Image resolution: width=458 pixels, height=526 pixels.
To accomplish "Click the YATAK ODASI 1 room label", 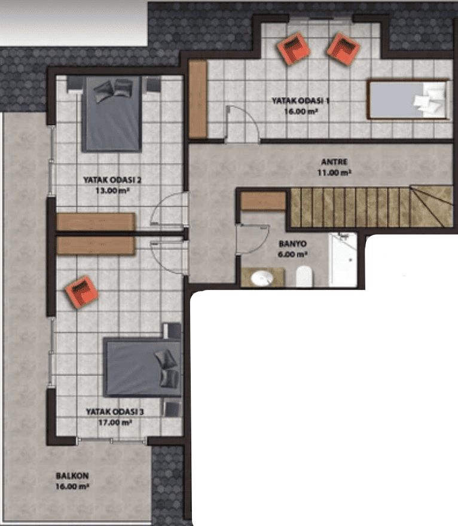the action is point(300,100).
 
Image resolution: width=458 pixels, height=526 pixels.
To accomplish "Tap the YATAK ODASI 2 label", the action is point(112,180).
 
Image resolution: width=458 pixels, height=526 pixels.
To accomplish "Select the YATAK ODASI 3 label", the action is point(115,412).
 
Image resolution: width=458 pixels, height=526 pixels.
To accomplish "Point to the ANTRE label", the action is point(334,162).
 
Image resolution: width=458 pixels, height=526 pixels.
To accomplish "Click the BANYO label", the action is point(292,243).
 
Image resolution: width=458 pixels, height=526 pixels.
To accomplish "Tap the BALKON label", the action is point(72,476).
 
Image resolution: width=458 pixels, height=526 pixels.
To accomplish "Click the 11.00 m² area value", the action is point(334,173).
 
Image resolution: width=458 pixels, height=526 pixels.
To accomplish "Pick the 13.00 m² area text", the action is point(112,191).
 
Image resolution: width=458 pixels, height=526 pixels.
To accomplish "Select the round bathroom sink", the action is point(262,278).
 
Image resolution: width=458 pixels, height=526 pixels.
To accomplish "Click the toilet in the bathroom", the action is point(304,276).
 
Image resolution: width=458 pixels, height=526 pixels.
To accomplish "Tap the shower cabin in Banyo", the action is point(343,259).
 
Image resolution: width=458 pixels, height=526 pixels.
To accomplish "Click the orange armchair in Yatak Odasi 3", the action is point(81,292).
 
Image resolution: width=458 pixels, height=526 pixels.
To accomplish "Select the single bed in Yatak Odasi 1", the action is point(408,99).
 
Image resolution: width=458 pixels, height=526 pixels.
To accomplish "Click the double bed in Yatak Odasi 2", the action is point(111,114).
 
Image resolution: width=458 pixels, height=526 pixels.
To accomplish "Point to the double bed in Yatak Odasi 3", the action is point(142,368).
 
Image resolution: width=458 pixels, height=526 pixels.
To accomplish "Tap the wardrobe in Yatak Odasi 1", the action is point(197,99).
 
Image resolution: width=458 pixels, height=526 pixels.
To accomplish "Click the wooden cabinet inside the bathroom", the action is point(264,201).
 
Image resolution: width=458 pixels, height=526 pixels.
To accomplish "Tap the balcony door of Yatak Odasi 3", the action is point(112,440).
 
